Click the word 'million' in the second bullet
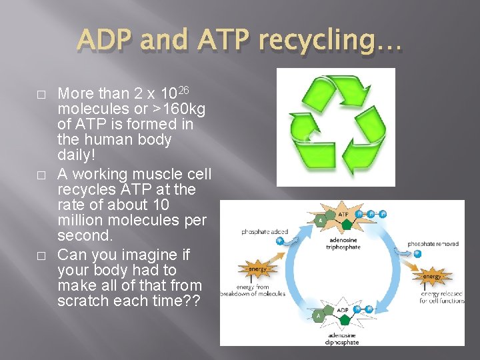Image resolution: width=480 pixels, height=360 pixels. (85, 220)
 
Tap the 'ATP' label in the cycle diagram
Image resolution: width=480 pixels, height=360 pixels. (343, 215)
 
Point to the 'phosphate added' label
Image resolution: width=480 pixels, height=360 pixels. (265, 232)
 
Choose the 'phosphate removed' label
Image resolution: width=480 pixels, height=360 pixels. (433, 244)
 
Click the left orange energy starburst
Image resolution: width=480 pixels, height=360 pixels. (257, 269)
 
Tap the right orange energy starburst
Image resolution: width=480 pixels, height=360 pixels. (432, 275)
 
